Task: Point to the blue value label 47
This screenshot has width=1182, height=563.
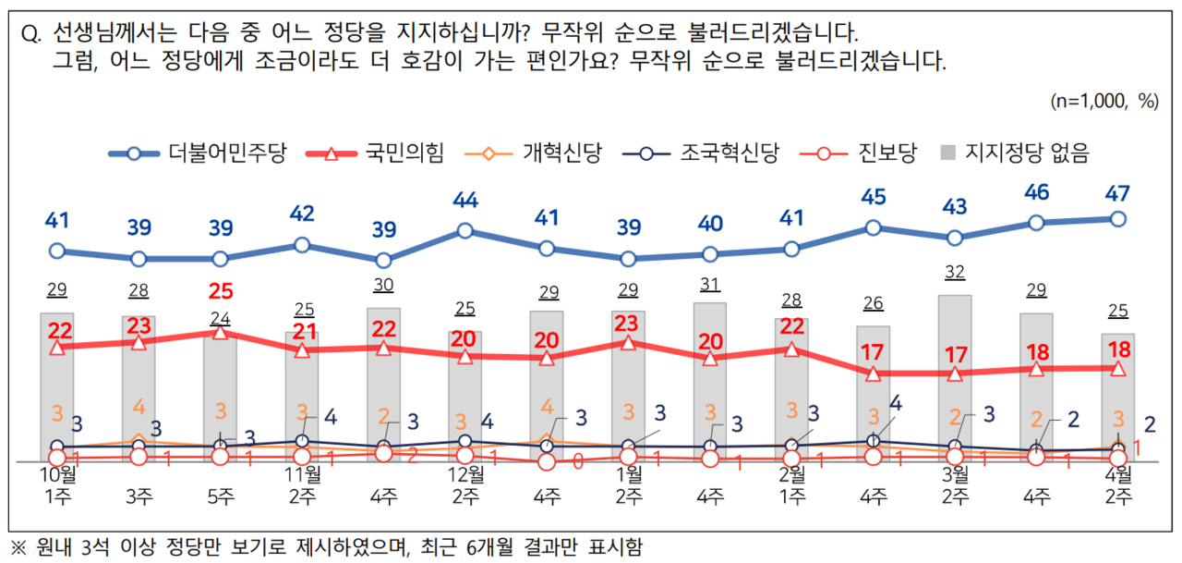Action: click(x=1117, y=193)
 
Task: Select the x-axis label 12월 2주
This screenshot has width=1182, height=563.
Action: click(x=465, y=486)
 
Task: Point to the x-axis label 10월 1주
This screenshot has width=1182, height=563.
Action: click(x=57, y=486)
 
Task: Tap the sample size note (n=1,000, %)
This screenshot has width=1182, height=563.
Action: click(x=1104, y=102)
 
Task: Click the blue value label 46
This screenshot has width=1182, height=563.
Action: click(x=1036, y=196)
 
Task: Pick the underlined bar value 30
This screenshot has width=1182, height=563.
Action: click(x=383, y=286)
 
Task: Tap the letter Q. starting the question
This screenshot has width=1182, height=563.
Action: click(x=30, y=34)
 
